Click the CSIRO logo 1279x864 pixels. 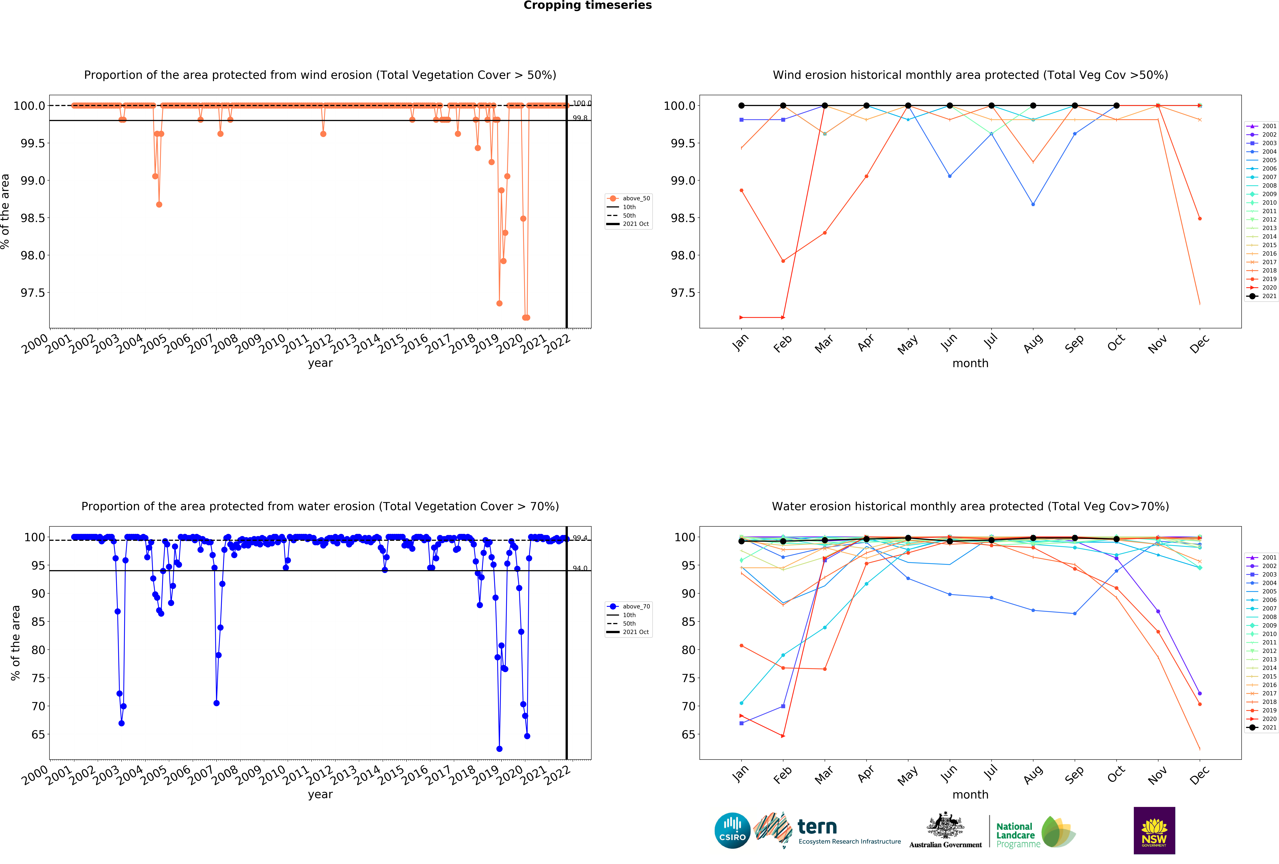[732, 830]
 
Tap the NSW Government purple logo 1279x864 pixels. [1154, 830]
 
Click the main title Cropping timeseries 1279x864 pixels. [587, 6]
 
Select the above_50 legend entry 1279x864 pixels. [636, 199]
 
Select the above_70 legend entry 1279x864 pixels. [636, 607]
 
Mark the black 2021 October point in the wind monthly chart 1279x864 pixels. [1116, 106]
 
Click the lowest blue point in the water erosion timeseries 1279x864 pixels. [499, 749]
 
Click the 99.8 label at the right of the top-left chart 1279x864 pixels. [580, 118]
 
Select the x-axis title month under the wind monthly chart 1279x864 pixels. [970, 364]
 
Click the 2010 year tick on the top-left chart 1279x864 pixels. [272, 344]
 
